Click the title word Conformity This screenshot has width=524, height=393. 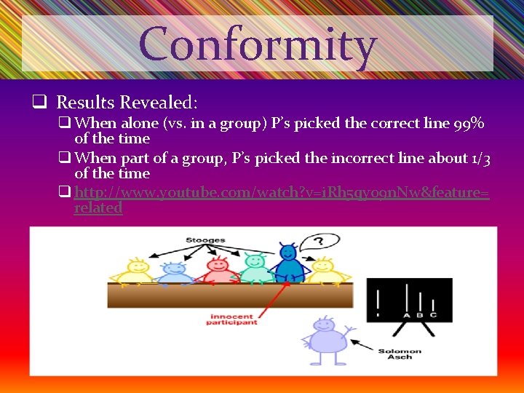[258, 44]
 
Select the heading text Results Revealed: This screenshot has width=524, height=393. [127, 103]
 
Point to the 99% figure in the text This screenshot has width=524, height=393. [469, 123]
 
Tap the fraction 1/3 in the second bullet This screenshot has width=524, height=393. [481, 158]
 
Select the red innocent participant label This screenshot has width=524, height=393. [233, 319]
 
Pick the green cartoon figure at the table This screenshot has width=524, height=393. [254, 268]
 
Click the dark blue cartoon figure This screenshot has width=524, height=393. [289, 263]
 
